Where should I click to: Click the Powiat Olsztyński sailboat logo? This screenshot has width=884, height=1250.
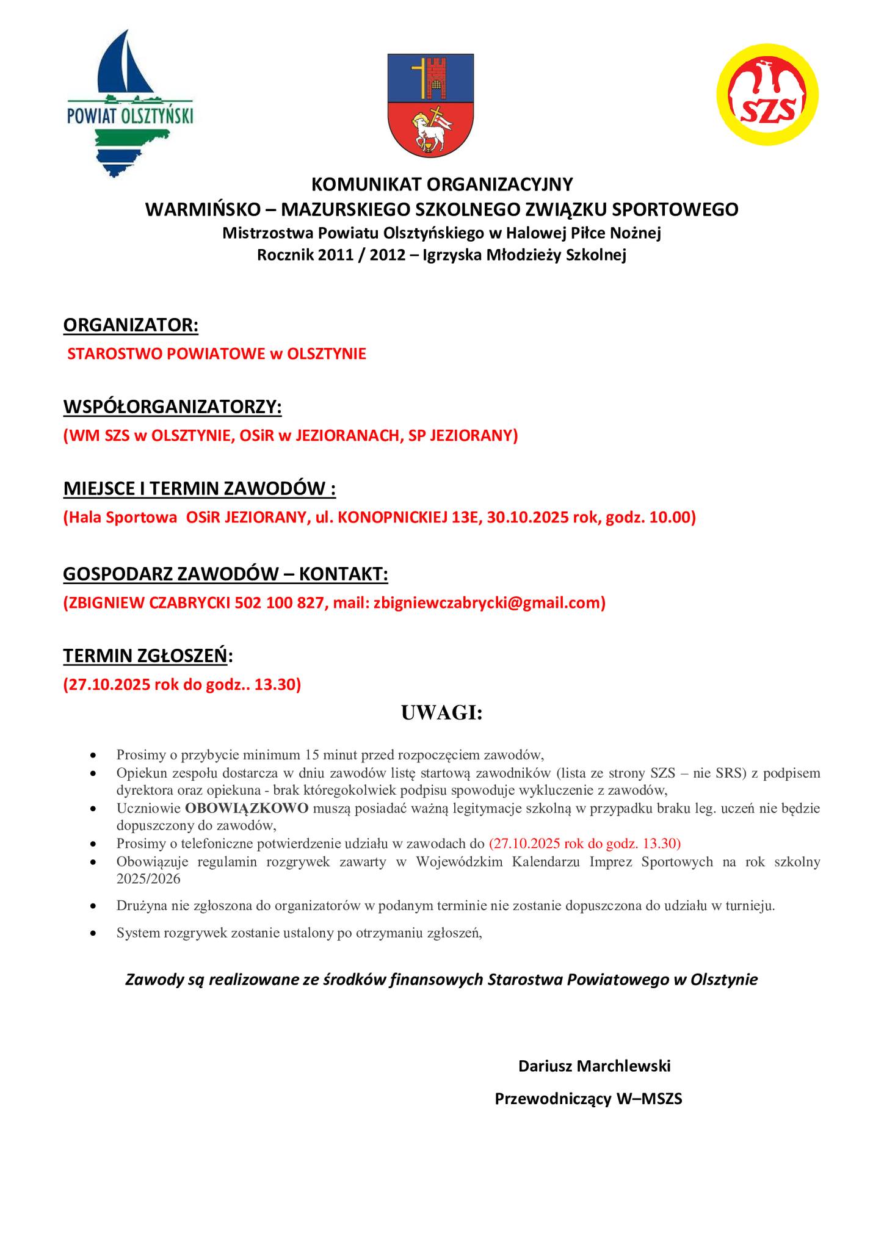click(130, 104)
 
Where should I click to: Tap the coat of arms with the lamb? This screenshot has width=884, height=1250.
click(430, 104)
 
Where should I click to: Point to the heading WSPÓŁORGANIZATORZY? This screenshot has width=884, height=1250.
click(172, 406)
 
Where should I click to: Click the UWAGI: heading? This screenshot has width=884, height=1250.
click(441, 712)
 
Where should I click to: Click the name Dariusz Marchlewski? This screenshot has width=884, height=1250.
click(594, 1066)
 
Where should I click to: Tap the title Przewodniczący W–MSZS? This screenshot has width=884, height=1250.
click(588, 1099)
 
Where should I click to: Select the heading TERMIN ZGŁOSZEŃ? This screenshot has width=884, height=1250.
click(148, 656)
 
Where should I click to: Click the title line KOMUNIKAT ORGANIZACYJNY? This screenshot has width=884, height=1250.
click(441, 184)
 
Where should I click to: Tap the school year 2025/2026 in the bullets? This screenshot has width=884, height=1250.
click(148, 880)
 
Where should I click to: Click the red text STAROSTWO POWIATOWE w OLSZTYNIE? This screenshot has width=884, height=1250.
click(217, 353)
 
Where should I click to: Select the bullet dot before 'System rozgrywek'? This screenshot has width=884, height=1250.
click(93, 933)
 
